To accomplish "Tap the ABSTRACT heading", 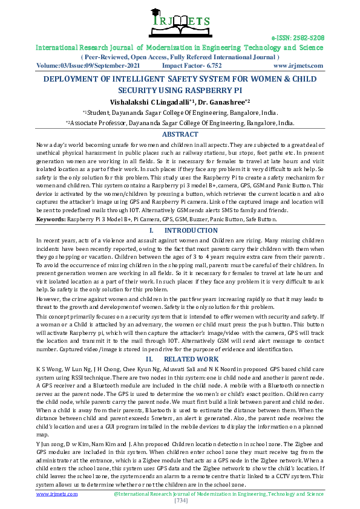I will click(x=180, y=134).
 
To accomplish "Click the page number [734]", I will click(x=180, y=501).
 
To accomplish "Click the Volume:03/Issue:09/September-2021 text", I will click(x=88, y=65).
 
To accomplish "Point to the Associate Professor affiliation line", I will click(x=180, y=123).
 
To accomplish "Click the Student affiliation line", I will click(x=180, y=112).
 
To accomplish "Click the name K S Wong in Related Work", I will click(x=50, y=368).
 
